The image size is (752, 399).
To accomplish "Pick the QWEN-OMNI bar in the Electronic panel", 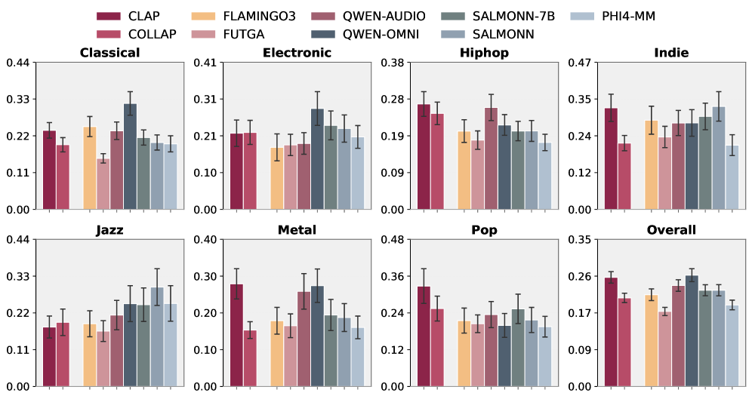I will tap(317, 158).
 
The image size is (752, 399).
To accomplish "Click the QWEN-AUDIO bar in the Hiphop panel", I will tap(492, 158).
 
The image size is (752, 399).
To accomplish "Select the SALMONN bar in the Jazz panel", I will tap(157, 336).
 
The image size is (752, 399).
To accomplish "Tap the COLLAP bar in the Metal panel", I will tap(250, 358).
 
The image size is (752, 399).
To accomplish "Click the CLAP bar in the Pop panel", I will tap(424, 336).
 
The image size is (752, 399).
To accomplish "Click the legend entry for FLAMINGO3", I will tap(227, 16).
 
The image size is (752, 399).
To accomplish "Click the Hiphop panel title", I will tap(484, 53).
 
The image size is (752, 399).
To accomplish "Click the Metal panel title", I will tap(297, 230).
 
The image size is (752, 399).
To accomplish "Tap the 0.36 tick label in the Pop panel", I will tap(394, 276).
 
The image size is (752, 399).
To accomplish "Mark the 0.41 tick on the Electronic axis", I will tap(206, 62).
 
